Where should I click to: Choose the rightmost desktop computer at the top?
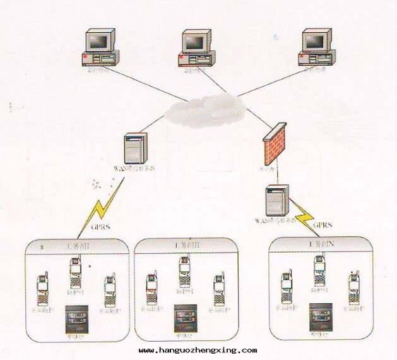pyautogui.click(x=317, y=47)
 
